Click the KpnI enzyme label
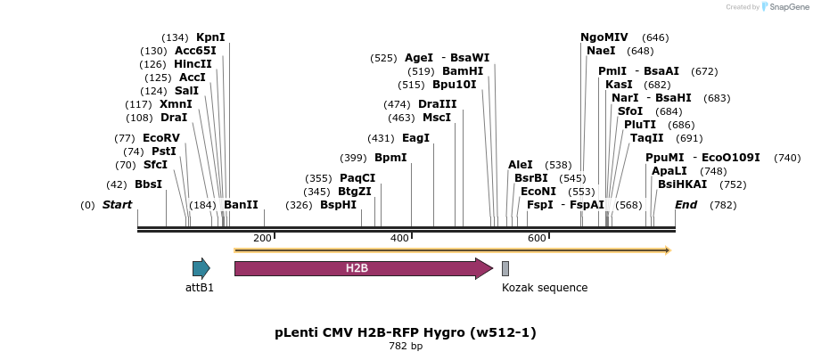click(x=210, y=37)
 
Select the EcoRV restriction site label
click(x=160, y=138)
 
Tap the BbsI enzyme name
click(x=148, y=184)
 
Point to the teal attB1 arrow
click(x=201, y=268)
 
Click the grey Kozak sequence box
click(x=505, y=268)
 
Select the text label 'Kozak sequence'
click(x=545, y=288)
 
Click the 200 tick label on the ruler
click(x=262, y=238)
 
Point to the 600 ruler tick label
click(x=537, y=238)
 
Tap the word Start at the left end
click(x=117, y=205)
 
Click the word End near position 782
click(x=686, y=205)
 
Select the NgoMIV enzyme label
click(x=604, y=37)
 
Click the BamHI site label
click(x=463, y=71)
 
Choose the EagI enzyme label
click(x=415, y=138)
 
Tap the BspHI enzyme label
click(x=338, y=205)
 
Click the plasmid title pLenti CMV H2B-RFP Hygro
click(x=406, y=332)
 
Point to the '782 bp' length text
click(x=406, y=346)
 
